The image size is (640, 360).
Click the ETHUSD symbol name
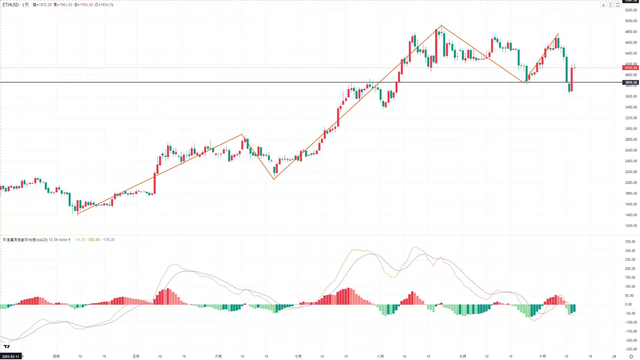tap(10, 5)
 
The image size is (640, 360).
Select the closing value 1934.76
tap(107, 5)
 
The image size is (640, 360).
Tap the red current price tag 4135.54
tap(630, 68)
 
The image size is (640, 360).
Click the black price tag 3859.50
tap(630, 82)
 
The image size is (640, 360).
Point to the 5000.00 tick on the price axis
tap(631, 21)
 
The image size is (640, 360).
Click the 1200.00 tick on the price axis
tap(631, 226)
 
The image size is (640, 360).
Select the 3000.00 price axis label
tap(631, 129)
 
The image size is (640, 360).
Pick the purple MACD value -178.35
tap(108, 240)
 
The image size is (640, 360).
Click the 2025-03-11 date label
tap(11, 356)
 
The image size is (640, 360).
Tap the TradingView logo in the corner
tap(7, 346)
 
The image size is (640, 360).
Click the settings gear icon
tap(631, 356)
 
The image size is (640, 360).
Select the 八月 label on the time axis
tap(380, 356)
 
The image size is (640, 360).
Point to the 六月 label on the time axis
tap(218, 356)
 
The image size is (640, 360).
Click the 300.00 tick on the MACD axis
tap(630, 251)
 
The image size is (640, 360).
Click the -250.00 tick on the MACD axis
tap(630, 349)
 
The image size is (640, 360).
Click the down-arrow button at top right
tap(603, 5)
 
